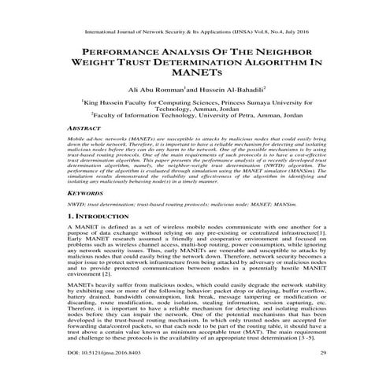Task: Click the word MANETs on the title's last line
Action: click(x=195, y=75)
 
